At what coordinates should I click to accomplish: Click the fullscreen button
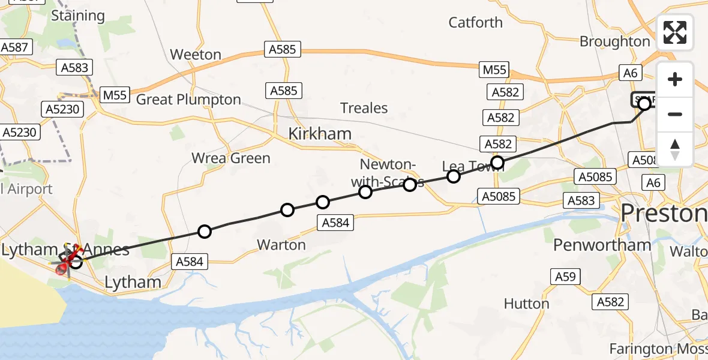(675, 32)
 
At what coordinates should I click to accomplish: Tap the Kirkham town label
(320, 134)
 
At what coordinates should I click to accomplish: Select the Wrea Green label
(231, 158)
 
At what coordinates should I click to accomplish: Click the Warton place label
(281, 245)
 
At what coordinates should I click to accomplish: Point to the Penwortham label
(602, 245)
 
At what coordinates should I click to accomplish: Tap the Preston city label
(663, 214)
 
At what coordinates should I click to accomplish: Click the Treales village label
(364, 108)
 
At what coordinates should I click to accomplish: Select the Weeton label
(196, 55)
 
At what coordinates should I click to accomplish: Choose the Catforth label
(476, 23)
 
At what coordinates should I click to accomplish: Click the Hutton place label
(526, 304)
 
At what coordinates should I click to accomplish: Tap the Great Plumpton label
(188, 100)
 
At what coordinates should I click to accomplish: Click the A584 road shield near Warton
(335, 223)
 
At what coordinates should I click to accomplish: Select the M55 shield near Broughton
(495, 71)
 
